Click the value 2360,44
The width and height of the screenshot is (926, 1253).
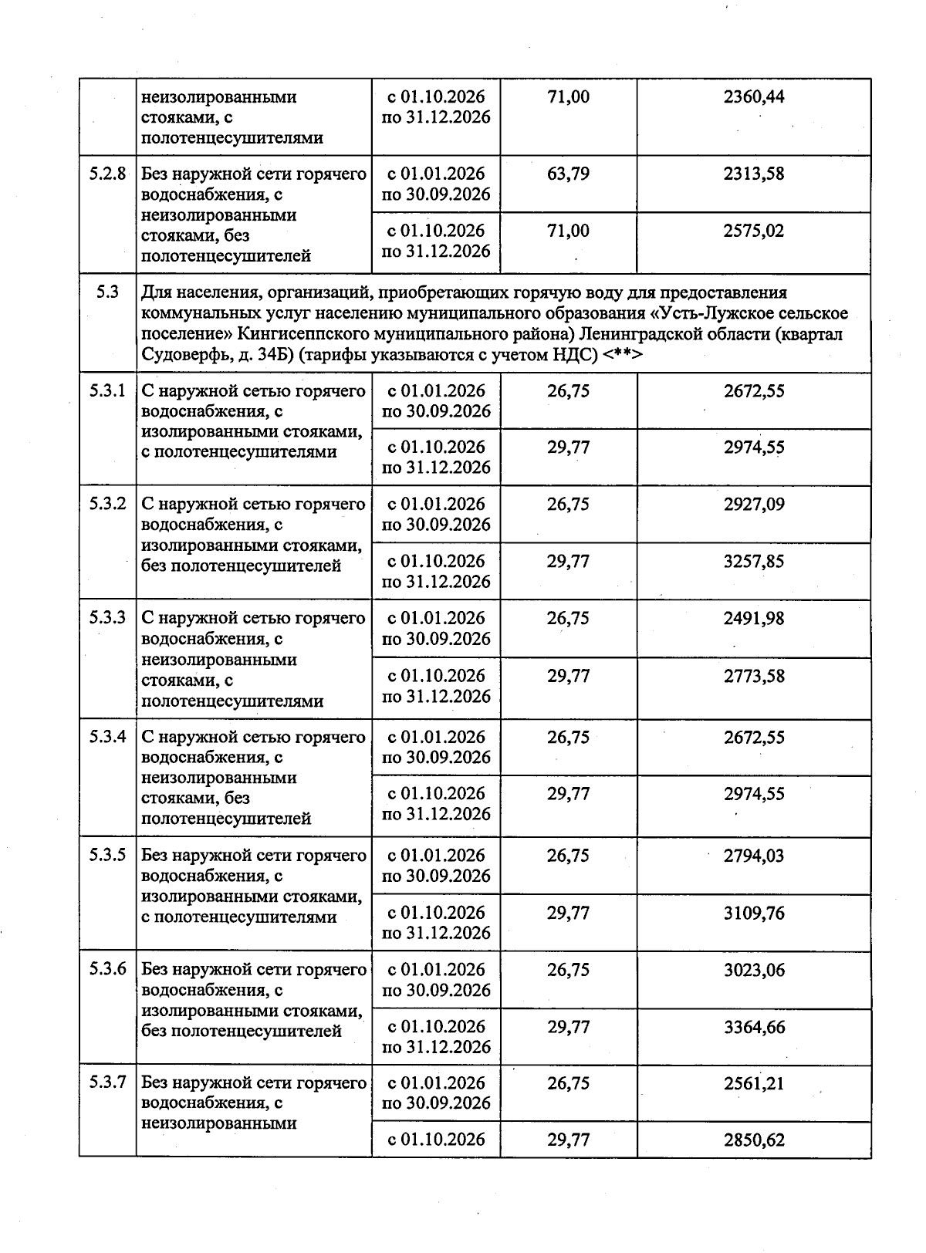[x=753, y=97]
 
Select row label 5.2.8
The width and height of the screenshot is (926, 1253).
[x=107, y=174]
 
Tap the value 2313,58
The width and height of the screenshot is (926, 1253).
[x=753, y=174]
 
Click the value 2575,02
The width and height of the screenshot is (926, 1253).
[x=753, y=231]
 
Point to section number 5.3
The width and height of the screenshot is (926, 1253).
[x=107, y=292]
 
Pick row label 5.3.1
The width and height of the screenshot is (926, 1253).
[x=107, y=390]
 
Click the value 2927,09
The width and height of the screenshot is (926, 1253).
[x=753, y=504]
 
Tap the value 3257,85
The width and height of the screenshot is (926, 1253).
[x=753, y=561]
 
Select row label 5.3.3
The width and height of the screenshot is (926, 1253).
[x=107, y=618]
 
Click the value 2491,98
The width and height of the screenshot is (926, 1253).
[x=753, y=618]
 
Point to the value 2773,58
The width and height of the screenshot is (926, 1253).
[x=753, y=676]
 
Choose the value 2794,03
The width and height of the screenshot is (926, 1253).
[x=753, y=856]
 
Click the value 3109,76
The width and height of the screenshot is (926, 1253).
[x=753, y=913]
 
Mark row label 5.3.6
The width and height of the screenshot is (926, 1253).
[x=107, y=969]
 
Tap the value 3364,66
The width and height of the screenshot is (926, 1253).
[x=753, y=1027]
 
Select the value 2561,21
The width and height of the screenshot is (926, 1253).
[x=753, y=1083]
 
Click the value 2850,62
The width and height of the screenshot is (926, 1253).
[x=753, y=1140]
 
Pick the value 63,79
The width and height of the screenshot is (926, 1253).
[x=568, y=174]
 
